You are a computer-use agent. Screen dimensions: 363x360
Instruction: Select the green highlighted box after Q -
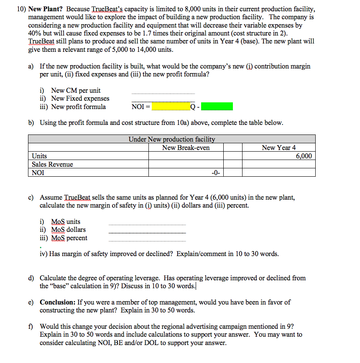pyautogui.click(x=217, y=107)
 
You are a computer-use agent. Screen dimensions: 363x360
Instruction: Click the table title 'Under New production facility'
pyautogui.click(x=172, y=139)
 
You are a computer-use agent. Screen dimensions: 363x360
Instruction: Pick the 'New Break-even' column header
pyautogui.click(x=186, y=147)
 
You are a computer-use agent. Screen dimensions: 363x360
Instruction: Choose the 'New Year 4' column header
pyautogui.click(x=278, y=147)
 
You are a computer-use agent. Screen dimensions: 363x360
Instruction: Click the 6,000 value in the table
pyautogui.click(x=304, y=156)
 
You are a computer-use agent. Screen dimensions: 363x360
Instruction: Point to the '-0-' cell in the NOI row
pyautogui.click(x=215, y=173)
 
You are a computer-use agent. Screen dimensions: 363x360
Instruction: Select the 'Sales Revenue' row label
pyautogui.click(x=52, y=164)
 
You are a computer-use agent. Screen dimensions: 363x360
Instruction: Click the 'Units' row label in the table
pyautogui.click(x=39, y=156)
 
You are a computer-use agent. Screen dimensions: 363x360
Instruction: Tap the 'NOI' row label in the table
pyautogui.click(x=38, y=173)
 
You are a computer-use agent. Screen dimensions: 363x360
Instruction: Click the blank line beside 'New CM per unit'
pyautogui.click(x=163, y=93)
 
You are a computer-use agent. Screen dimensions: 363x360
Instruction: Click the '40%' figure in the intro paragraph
pyautogui.click(x=35, y=33)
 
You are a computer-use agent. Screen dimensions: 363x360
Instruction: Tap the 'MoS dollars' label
pyautogui.click(x=69, y=230)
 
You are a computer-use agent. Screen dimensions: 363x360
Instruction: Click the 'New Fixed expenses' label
pyautogui.click(x=80, y=99)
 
